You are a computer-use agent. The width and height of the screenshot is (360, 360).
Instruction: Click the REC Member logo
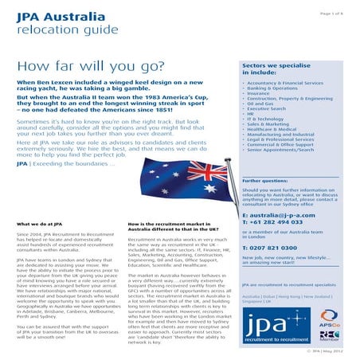point(335,335)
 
